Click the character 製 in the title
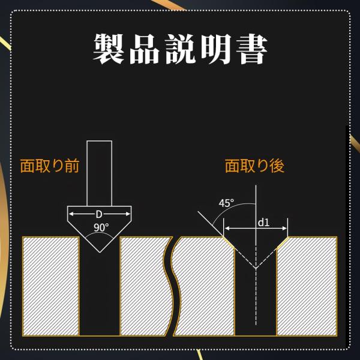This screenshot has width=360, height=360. click(109, 49)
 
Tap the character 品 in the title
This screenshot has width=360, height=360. click(145, 49)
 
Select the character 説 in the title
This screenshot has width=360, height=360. click(181, 49)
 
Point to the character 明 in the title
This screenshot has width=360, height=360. click(216, 49)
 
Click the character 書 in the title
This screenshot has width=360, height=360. click(252, 49)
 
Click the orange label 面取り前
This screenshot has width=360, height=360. click(50, 166)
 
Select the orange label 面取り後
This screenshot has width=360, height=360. click(254, 166)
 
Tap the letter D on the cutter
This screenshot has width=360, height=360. click(99, 214)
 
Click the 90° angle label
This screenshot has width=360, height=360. click(101, 227)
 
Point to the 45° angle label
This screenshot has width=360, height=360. click(226, 203)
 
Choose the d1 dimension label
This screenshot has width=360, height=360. click(263, 223)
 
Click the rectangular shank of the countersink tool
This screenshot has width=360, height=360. click(100, 173)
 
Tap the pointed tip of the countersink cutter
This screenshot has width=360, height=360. click(100, 253)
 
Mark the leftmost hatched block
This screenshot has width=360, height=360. click(51, 286)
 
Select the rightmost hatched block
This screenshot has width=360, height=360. click(307, 286)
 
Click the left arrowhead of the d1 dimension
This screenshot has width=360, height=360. click(227, 228)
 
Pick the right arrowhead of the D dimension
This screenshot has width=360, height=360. click(128, 214)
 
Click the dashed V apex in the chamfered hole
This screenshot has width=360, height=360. click(256, 268)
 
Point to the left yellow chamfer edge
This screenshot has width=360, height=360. click(229, 242)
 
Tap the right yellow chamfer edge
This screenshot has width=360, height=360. click(283, 242)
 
